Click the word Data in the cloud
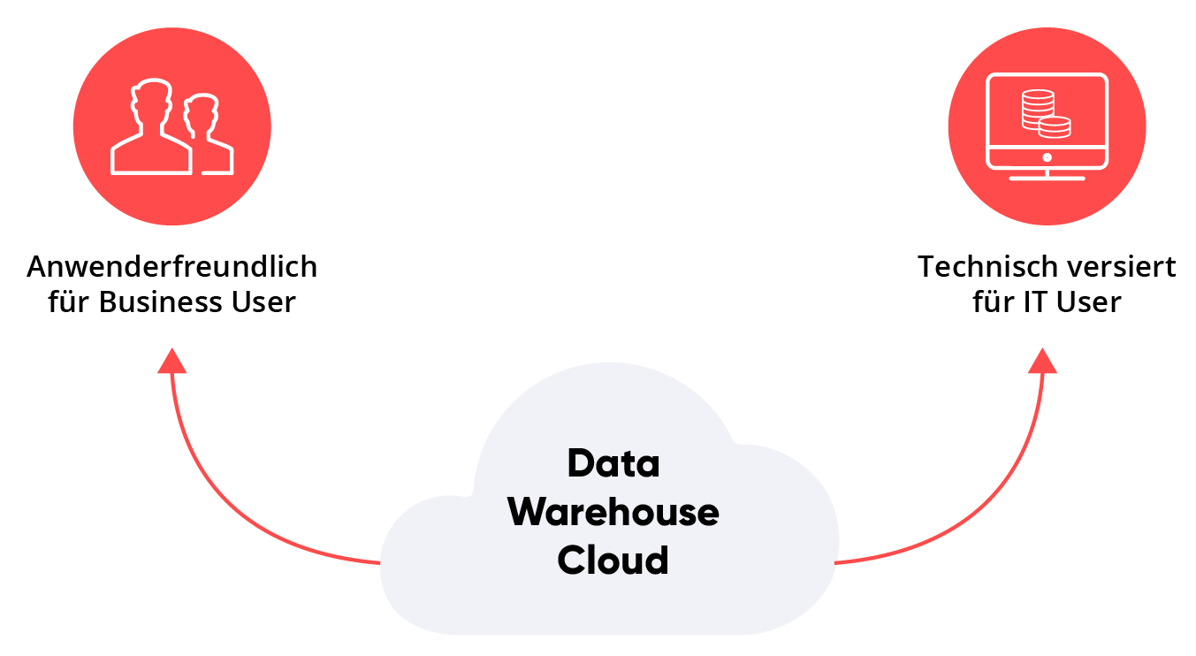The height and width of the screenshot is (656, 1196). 613,464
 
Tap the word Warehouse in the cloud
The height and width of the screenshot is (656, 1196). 613,512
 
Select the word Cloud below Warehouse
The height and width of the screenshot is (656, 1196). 613,560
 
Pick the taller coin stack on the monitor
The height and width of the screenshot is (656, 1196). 1037,109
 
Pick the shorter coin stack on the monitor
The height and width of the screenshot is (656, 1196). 1055,127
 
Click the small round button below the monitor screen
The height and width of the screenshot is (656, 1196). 1047,158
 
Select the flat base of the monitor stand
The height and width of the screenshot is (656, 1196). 1047,178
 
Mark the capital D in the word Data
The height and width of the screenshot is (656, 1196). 580,464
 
